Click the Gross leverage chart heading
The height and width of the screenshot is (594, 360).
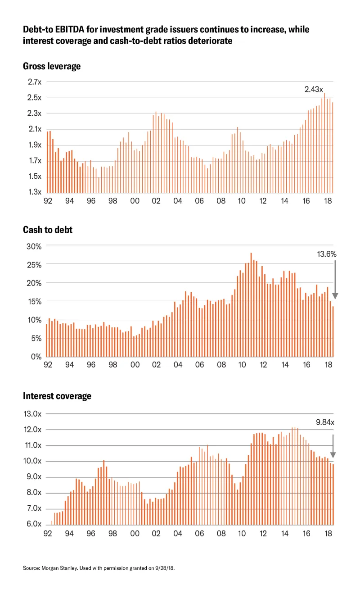pos(52,66)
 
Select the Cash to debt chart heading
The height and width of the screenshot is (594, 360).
pos(48,230)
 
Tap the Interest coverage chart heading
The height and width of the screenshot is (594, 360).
pos(57,396)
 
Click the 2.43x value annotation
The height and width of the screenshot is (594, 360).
pos(314,89)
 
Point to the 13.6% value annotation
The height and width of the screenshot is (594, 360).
pos(327,254)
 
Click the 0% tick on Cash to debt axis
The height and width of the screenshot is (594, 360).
pos(35,357)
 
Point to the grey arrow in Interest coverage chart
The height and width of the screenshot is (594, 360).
pos(333,446)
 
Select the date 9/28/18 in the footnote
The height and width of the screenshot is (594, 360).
pos(165,569)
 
